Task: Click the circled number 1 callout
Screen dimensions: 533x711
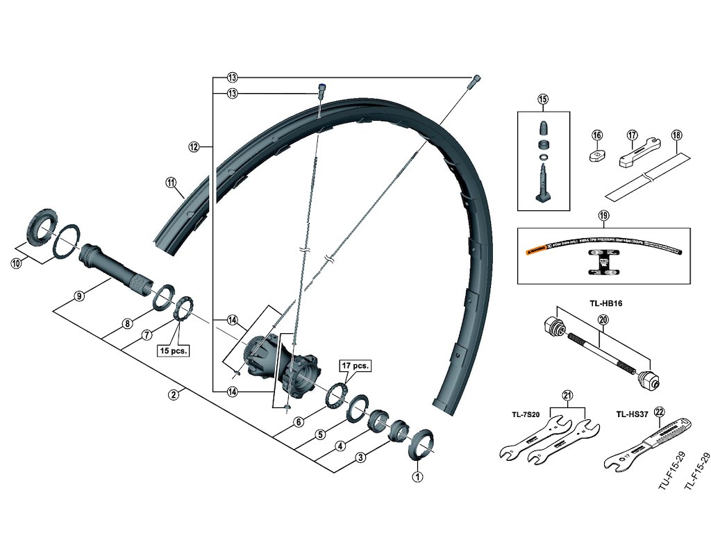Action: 417,477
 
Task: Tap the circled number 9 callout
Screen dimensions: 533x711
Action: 80,296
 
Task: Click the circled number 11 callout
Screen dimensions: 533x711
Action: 171,183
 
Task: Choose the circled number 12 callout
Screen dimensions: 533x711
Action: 194,146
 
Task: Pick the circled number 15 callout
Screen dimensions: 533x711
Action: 543,100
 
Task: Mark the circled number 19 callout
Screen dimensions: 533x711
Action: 603,216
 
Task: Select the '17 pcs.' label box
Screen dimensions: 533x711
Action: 355,365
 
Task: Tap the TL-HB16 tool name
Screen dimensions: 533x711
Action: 601,303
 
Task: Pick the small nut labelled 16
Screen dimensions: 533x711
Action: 598,155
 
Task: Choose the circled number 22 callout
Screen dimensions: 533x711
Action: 658,411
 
